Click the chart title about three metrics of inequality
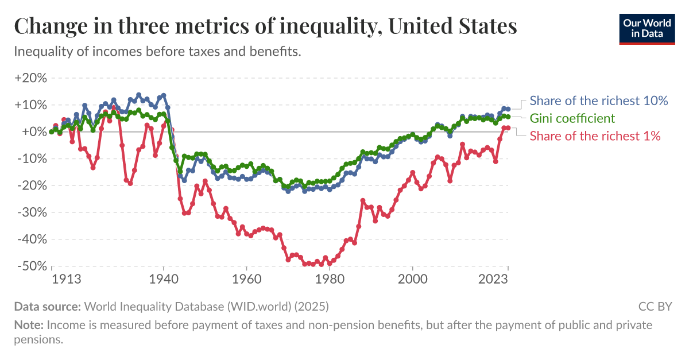click(265, 26)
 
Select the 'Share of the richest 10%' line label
click(598, 100)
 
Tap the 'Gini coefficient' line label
click(572, 118)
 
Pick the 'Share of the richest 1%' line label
click(595, 136)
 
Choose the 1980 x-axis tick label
click(330, 279)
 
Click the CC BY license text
click(655, 306)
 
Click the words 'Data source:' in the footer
click(48, 306)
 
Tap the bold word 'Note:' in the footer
click(28, 325)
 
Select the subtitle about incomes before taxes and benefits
click(157, 52)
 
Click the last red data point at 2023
click(508, 128)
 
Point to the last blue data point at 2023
click(508, 109)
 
